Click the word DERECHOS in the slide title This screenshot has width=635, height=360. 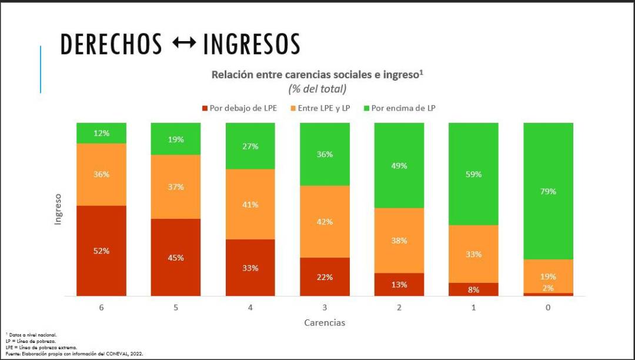[x=111, y=45]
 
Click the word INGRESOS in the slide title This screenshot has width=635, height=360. [x=252, y=45]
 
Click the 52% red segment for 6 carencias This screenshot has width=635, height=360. [x=101, y=251]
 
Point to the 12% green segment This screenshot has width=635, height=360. [x=101, y=133]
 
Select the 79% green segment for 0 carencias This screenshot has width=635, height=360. [x=548, y=191]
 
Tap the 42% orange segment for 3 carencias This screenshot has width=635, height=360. [x=325, y=222]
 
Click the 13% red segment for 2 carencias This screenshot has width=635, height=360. [x=399, y=284]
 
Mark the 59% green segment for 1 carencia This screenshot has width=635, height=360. [x=473, y=174]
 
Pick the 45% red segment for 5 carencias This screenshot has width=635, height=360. [x=176, y=258]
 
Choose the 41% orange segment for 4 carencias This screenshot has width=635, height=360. [x=250, y=204]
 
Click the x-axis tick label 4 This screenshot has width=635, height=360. [x=250, y=308]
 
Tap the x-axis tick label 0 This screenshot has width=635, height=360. [x=548, y=308]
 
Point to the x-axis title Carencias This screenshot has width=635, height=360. [x=325, y=322]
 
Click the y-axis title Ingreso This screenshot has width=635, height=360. [x=58, y=209]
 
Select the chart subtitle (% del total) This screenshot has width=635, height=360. [x=317, y=89]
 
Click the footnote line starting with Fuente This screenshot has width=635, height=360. [x=74, y=354]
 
